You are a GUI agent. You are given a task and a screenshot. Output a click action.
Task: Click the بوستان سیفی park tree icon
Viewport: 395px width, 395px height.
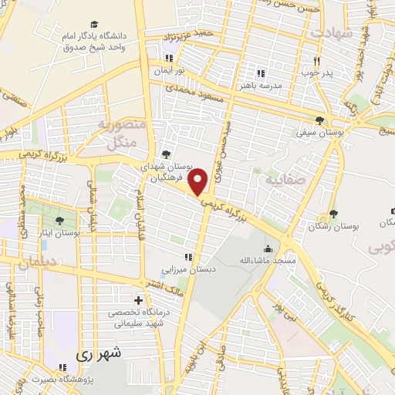[319, 120]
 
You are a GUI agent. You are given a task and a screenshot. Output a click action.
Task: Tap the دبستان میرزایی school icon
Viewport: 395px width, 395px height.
[187, 257]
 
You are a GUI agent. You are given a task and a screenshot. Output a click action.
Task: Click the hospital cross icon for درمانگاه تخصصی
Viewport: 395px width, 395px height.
[138, 300]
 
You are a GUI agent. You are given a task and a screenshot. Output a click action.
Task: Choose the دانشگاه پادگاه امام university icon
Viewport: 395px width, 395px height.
[94, 25]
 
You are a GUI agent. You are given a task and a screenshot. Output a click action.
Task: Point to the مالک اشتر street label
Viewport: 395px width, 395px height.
[188, 290]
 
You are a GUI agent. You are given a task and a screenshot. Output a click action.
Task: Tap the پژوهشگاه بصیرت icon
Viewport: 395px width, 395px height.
[64, 366]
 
